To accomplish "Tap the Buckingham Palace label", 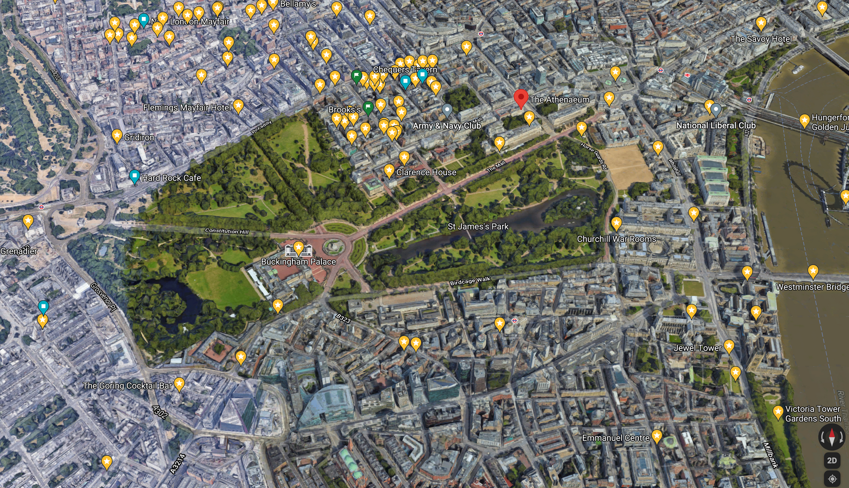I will point(298,262).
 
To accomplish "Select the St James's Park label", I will point(478,226).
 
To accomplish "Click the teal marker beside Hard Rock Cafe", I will point(135,176).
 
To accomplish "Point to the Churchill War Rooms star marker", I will point(616,223).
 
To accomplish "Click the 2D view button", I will point(832,460).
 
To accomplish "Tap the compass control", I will point(832,436).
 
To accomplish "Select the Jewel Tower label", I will point(697,348).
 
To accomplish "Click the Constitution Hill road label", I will point(227,231).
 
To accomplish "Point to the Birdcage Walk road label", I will point(470,281).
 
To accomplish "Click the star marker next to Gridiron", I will point(117,136).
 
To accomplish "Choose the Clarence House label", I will point(426,172).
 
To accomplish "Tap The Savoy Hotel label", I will point(761,39).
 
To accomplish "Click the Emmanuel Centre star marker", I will point(657,435).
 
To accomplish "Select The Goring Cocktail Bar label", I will point(127,385).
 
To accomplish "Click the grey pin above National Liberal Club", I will point(716,109).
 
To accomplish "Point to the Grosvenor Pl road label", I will point(104,297).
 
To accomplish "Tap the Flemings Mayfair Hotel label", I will point(187,108).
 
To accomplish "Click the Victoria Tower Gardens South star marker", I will point(778,411).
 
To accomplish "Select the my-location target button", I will point(832,479).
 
